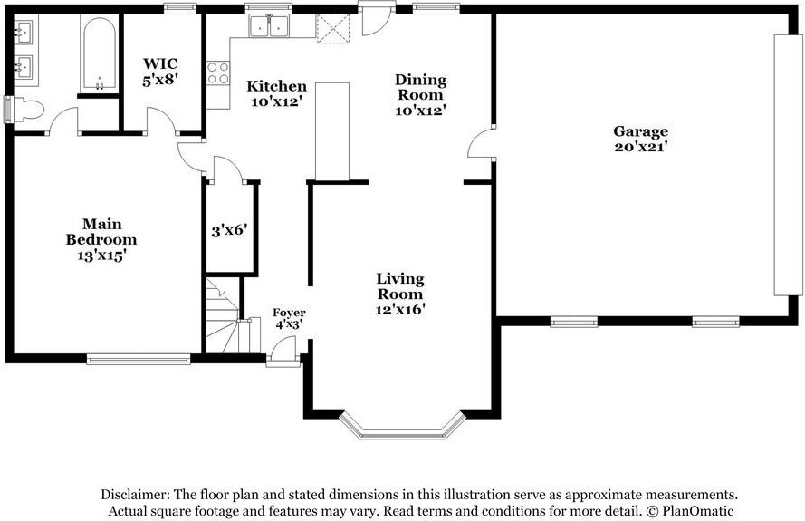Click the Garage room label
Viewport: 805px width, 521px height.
point(640,131)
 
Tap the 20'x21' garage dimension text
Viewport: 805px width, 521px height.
point(640,147)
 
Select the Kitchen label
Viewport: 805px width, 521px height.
point(276,86)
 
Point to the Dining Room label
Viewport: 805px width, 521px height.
point(420,87)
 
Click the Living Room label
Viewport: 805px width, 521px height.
point(400,286)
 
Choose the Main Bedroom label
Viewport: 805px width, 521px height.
point(101,232)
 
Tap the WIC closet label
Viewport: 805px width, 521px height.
point(160,64)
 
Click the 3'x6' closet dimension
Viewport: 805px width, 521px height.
point(229,231)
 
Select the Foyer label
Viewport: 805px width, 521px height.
point(289,313)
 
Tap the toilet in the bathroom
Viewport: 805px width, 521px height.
point(29,110)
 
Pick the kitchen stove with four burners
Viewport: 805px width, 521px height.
point(218,73)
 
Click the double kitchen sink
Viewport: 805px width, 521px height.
point(269,26)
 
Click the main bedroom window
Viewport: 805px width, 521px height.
point(139,359)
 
